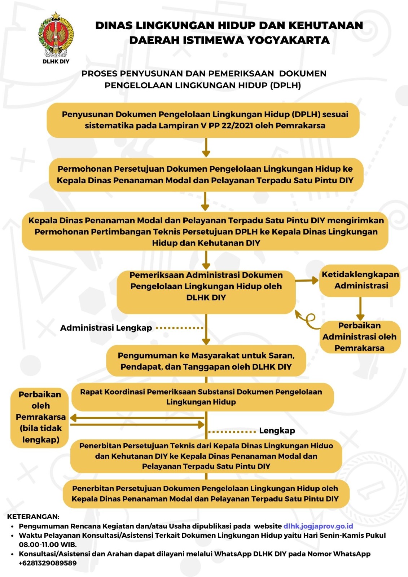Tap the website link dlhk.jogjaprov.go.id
[318, 526]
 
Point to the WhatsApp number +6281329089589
[48, 563]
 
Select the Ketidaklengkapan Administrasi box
[360, 280]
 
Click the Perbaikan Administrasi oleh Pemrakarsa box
[360, 336]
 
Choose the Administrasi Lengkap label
[106, 328]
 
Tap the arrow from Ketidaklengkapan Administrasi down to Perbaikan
[360, 309]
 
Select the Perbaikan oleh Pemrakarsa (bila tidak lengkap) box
[40, 417]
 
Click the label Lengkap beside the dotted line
[277, 431]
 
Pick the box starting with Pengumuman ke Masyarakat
[206, 361]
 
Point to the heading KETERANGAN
[33, 516]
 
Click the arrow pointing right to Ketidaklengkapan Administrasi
[307, 280]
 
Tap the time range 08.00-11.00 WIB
[48, 545]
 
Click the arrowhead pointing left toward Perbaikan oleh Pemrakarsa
[74, 418]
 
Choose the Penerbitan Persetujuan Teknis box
[206, 456]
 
